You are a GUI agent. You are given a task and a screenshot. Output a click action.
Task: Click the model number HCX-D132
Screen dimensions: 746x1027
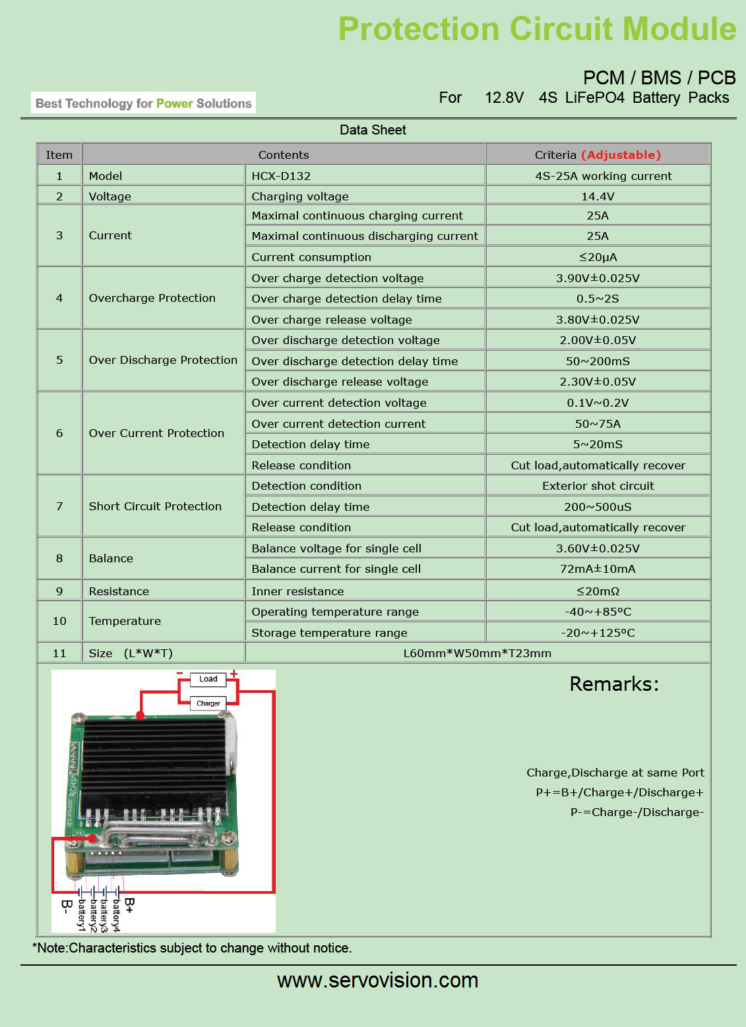[281, 176]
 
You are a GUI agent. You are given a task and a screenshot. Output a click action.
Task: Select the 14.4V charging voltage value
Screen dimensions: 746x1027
[598, 196]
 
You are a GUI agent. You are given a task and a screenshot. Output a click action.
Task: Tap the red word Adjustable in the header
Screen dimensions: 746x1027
[621, 155]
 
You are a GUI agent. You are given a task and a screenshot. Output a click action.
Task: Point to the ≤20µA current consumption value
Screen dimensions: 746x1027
[598, 257]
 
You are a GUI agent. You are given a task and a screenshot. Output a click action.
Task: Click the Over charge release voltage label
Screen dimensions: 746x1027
[332, 320]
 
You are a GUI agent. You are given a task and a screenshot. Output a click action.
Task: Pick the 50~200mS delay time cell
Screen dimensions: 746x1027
[598, 361]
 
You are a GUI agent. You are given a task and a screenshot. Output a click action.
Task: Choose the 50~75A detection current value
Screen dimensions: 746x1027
[598, 424]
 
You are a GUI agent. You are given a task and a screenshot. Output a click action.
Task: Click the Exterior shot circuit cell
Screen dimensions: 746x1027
[598, 486]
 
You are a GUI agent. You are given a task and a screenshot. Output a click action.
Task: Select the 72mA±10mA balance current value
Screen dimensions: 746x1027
[598, 569]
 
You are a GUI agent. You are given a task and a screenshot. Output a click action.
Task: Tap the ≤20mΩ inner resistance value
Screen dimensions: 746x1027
[598, 591]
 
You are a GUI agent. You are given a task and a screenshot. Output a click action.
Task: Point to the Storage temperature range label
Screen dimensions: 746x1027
[329, 633]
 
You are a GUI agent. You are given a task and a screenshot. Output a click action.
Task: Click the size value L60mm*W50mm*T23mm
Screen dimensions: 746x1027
[477, 653]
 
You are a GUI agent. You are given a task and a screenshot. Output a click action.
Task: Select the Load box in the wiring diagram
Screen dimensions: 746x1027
[208, 679]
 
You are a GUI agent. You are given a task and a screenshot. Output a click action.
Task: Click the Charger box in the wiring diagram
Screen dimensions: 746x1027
[208, 703]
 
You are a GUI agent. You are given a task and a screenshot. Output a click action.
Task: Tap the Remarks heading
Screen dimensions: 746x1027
[614, 684]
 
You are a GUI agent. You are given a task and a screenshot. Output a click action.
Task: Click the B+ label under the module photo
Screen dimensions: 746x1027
[129, 905]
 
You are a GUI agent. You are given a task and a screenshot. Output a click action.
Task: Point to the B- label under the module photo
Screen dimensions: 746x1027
[67, 907]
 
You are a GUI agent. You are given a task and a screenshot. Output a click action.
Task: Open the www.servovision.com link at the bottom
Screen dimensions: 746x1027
[377, 980]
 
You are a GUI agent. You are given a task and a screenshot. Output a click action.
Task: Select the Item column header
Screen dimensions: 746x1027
[59, 155]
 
